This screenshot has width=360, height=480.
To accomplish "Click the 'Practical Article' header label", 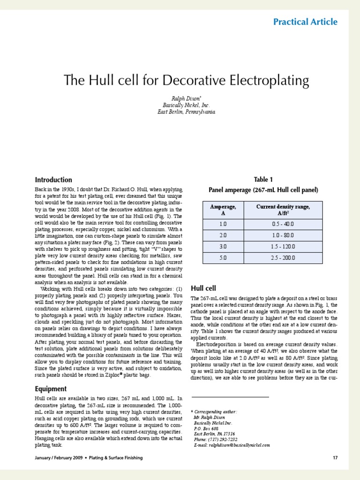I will [305, 22].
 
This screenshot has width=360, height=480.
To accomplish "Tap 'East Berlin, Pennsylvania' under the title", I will [186, 112].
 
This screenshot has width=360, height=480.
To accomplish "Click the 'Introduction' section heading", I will [53, 180].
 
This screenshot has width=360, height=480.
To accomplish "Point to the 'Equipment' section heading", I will [51, 389].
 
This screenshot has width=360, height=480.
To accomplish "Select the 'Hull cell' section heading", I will [203, 288].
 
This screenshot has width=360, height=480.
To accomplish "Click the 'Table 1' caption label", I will [263, 180].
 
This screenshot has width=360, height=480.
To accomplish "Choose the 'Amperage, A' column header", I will [223, 210].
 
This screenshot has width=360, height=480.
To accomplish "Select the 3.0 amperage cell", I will [223, 246].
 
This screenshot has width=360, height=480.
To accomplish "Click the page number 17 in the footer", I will [335, 457].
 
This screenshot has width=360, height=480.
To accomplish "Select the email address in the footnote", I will [232, 445].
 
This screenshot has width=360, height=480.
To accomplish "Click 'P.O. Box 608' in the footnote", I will [206, 428].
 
